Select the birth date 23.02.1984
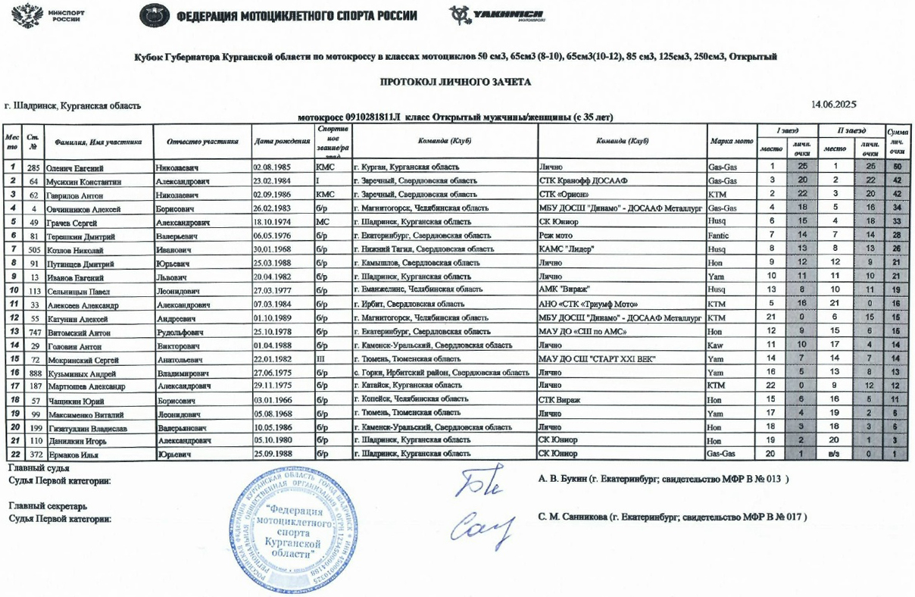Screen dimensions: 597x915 click(273, 181)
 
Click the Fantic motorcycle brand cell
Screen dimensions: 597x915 click(720, 236)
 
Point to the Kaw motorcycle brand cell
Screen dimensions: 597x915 click(715, 345)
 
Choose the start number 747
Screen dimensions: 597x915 click(33, 331)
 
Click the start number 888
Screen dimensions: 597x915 click(33, 372)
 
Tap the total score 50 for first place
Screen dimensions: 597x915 click(897, 167)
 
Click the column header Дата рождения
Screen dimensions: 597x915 click(281, 142)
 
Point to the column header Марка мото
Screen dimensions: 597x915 click(731, 142)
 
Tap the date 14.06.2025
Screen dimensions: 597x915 click(833, 104)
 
